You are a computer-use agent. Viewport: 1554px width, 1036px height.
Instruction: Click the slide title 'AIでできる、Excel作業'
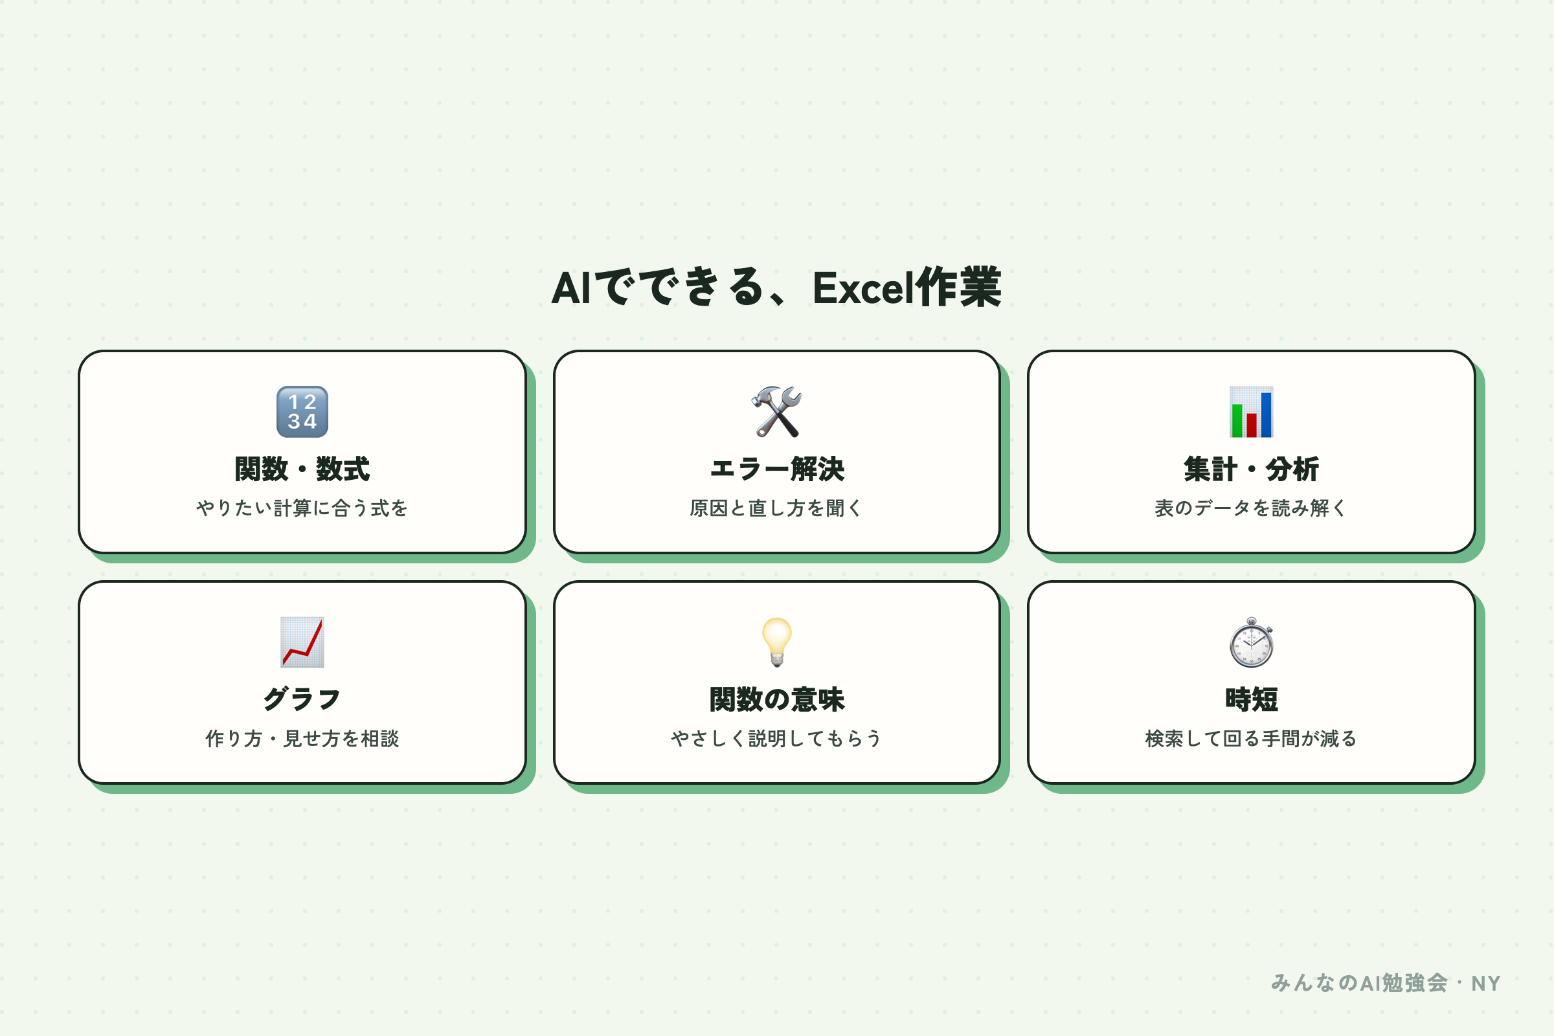point(776,287)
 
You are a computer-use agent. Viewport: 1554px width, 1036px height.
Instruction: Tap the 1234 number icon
point(302,412)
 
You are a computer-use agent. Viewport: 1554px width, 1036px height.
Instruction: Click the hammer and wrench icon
point(776,412)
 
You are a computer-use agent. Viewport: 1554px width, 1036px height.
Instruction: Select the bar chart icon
point(1251,412)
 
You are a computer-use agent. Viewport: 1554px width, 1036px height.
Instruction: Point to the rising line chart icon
point(302,642)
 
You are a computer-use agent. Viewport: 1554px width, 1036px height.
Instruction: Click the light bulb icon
point(776,642)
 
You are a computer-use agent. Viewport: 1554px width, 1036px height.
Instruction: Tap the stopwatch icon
point(1251,642)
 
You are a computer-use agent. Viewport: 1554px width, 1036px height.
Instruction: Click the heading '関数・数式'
point(302,469)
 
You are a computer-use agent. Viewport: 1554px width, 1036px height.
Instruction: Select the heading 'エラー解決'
point(776,469)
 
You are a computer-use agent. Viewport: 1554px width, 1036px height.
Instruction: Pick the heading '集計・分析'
point(1251,469)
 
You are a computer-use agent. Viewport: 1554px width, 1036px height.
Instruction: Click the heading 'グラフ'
point(302,699)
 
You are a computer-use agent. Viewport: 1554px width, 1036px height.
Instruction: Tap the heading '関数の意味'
point(776,699)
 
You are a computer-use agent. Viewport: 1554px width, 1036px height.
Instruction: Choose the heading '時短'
point(1251,699)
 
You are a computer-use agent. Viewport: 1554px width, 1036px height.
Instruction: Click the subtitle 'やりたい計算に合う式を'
point(302,508)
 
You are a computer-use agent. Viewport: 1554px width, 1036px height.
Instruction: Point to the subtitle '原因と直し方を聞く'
point(776,508)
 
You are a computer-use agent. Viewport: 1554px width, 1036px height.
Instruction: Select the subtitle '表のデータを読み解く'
point(1251,508)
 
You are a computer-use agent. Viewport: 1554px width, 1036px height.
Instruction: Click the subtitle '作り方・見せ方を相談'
point(302,738)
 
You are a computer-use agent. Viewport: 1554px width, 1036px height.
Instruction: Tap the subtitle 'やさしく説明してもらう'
point(776,738)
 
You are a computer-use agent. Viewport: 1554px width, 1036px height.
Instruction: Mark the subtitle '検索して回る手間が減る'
point(1251,738)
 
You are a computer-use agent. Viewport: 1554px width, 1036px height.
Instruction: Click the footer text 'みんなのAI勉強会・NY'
point(1386,983)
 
